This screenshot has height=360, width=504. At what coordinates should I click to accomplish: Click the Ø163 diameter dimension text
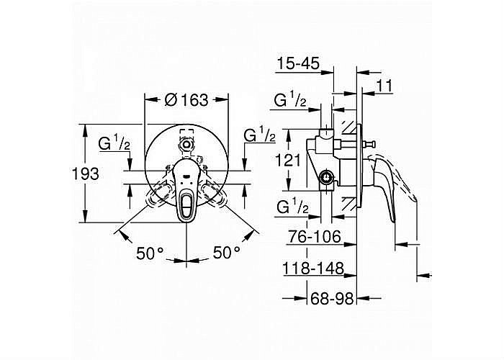186,100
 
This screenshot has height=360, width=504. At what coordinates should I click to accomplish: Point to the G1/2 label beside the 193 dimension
114,143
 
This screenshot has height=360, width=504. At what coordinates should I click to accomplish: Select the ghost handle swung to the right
215,194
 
